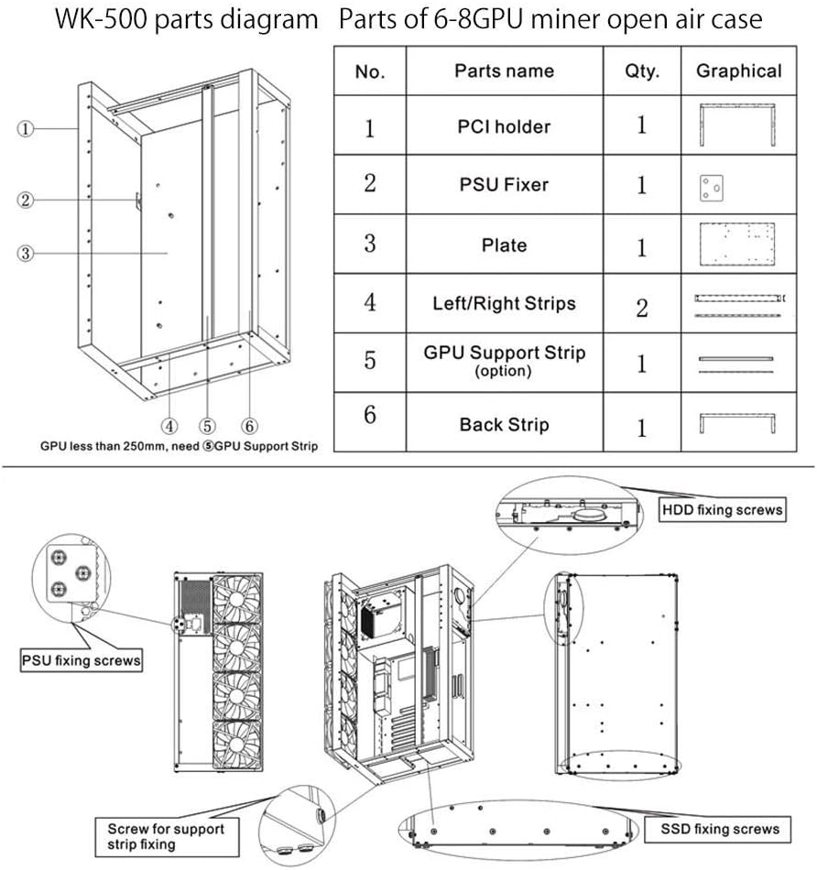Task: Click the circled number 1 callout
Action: pyautogui.click(x=25, y=129)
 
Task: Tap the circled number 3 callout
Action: pyautogui.click(x=25, y=254)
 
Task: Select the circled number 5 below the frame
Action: pyautogui.click(x=208, y=426)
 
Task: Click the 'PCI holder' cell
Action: pyautogui.click(x=504, y=126)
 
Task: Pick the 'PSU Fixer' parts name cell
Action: pyautogui.click(x=504, y=184)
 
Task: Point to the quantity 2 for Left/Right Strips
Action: pyautogui.click(x=642, y=308)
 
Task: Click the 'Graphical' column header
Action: pyautogui.click(x=739, y=71)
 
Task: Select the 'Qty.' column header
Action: pyautogui.click(x=642, y=71)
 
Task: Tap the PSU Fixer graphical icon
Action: pyautogui.click(x=711, y=188)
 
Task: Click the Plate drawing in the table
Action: pyautogui.click(x=737, y=245)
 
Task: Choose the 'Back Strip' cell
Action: pyautogui.click(x=504, y=424)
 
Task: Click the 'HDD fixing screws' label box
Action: pyautogui.click(x=722, y=509)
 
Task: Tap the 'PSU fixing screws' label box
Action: pyautogui.click(x=81, y=660)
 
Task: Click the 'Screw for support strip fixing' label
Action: pyautogui.click(x=166, y=837)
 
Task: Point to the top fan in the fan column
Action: pyautogui.click(x=237, y=599)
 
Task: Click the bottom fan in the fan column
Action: pyautogui.click(x=237, y=745)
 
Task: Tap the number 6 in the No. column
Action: pyautogui.click(x=370, y=415)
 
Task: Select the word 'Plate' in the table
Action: pyautogui.click(x=504, y=245)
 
